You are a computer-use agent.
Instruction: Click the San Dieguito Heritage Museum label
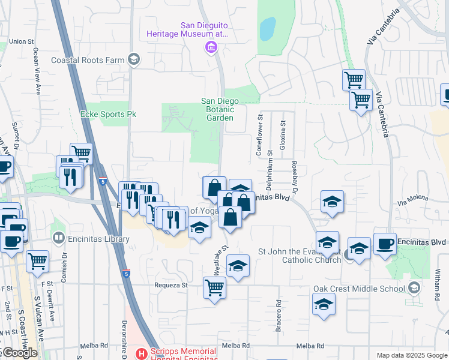[187, 30]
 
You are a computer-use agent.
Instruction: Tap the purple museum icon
[211, 47]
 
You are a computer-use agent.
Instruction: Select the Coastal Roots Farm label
[88, 60]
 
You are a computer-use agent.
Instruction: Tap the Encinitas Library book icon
[58, 238]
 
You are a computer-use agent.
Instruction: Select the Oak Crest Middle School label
[360, 289]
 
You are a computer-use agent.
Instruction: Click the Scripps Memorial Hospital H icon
[142, 354]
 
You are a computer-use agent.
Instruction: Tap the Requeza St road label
[171, 285]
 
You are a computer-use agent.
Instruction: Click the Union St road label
[20, 41]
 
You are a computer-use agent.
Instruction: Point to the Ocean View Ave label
[37, 71]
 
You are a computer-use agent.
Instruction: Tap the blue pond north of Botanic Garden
[267, 28]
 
